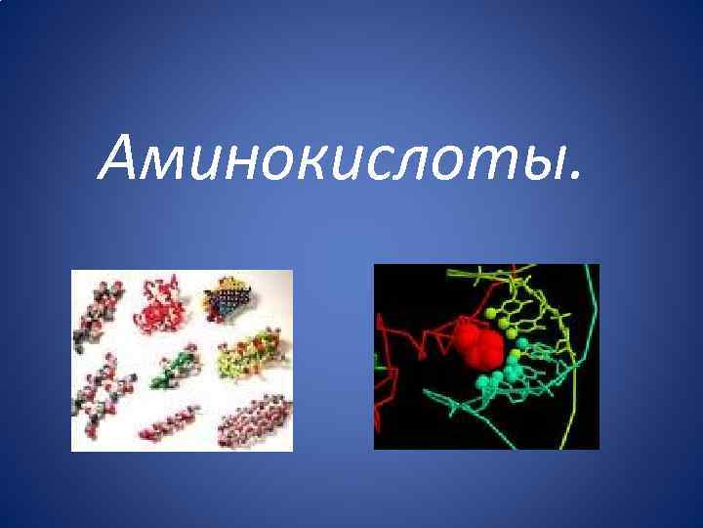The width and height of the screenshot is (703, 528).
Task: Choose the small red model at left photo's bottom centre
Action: [x=169, y=423]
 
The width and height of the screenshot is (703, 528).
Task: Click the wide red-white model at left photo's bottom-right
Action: [x=253, y=418]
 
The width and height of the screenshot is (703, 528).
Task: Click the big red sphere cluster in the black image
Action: [x=477, y=343]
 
